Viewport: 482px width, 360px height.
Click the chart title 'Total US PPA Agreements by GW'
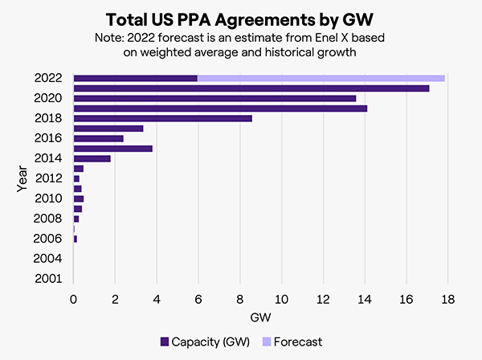tap(241, 17)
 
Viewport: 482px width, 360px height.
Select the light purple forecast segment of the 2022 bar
tap(321, 78)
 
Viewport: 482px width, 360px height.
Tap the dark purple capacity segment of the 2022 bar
tap(135, 78)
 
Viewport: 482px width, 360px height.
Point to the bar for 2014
tap(92, 158)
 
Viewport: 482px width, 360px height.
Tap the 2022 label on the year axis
tap(49, 78)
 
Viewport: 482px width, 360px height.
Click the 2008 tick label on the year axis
tap(49, 219)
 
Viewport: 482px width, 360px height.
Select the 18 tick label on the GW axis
tap(447, 299)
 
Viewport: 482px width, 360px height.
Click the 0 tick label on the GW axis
tap(73, 299)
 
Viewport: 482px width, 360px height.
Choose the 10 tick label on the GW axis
tap(281, 299)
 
